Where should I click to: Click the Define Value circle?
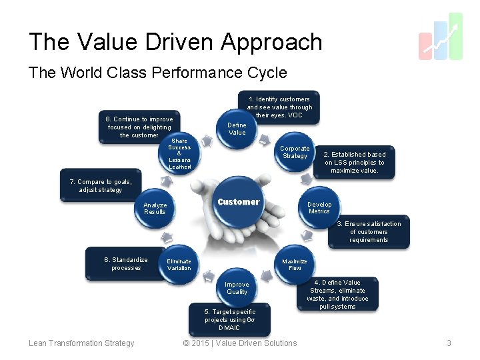pyautogui.click(x=237, y=129)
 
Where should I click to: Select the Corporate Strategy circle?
pyautogui.click(x=295, y=153)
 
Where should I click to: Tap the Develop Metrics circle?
pyautogui.click(x=319, y=208)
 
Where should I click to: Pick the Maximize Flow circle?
pyautogui.click(x=295, y=265)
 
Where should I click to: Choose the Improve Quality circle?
pyautogui.click(x=237, y=288)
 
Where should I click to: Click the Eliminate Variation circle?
pyautogui.click(x=179, y=265)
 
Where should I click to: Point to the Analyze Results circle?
pyautogui.click(x=155, y=209)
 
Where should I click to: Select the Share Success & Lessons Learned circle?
pyautogui.click(x=179, y=153)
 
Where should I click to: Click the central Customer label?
pyautogui.click(x=238, y=202)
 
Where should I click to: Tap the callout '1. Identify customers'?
pyautogui.click(x=279, y=107)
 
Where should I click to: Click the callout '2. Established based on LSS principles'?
pyautogui.click(x=355, y=163)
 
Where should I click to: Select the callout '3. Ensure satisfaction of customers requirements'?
pyautogui.click(x=368, y=232)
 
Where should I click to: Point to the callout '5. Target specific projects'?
pyautogui.click(x=229, y=319)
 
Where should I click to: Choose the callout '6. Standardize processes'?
pyautogui.click(x=126, y=264)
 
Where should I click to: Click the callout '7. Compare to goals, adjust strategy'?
pyautogui.click(x=101, y=186)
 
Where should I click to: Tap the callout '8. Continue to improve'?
pyautogui.click(x=139, y=127)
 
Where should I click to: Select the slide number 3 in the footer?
pyautogui.click(x=449, y=343)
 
